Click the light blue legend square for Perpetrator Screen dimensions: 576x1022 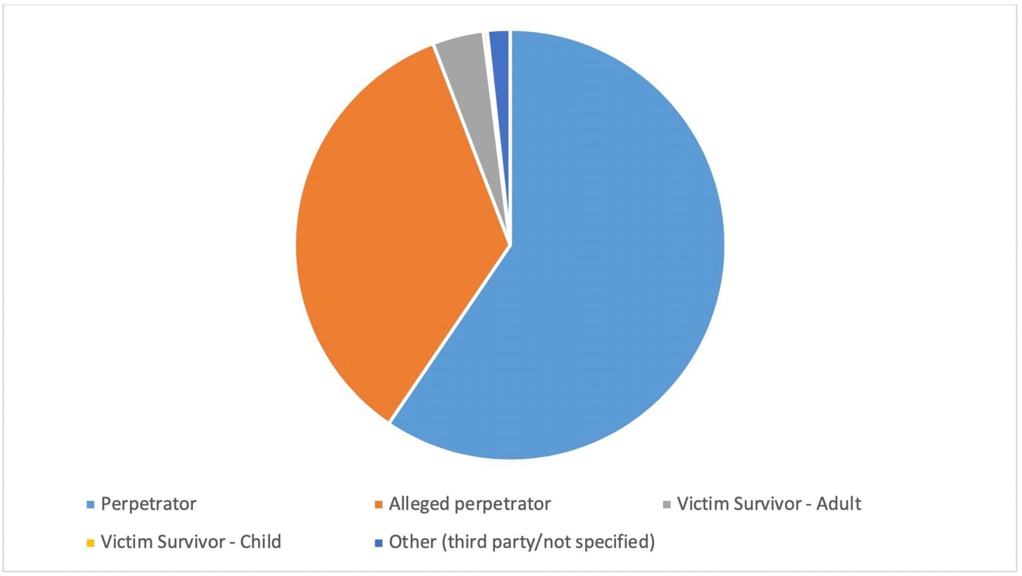click(x=90, y=505)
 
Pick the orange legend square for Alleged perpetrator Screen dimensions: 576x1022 click(x=379, y=505)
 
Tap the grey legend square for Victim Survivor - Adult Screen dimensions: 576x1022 click(x=667, y=505)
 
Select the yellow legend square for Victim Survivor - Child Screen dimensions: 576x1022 click(x=90, y=543)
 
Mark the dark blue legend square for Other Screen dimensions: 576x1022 click(x=379, y=543)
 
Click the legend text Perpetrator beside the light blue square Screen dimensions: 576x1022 click(x=148, y=504)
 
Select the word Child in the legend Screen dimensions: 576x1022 click(x=260, y=541)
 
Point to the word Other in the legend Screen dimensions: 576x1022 click(x=413, y=541)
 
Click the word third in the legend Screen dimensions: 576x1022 click(x=466, y=541)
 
